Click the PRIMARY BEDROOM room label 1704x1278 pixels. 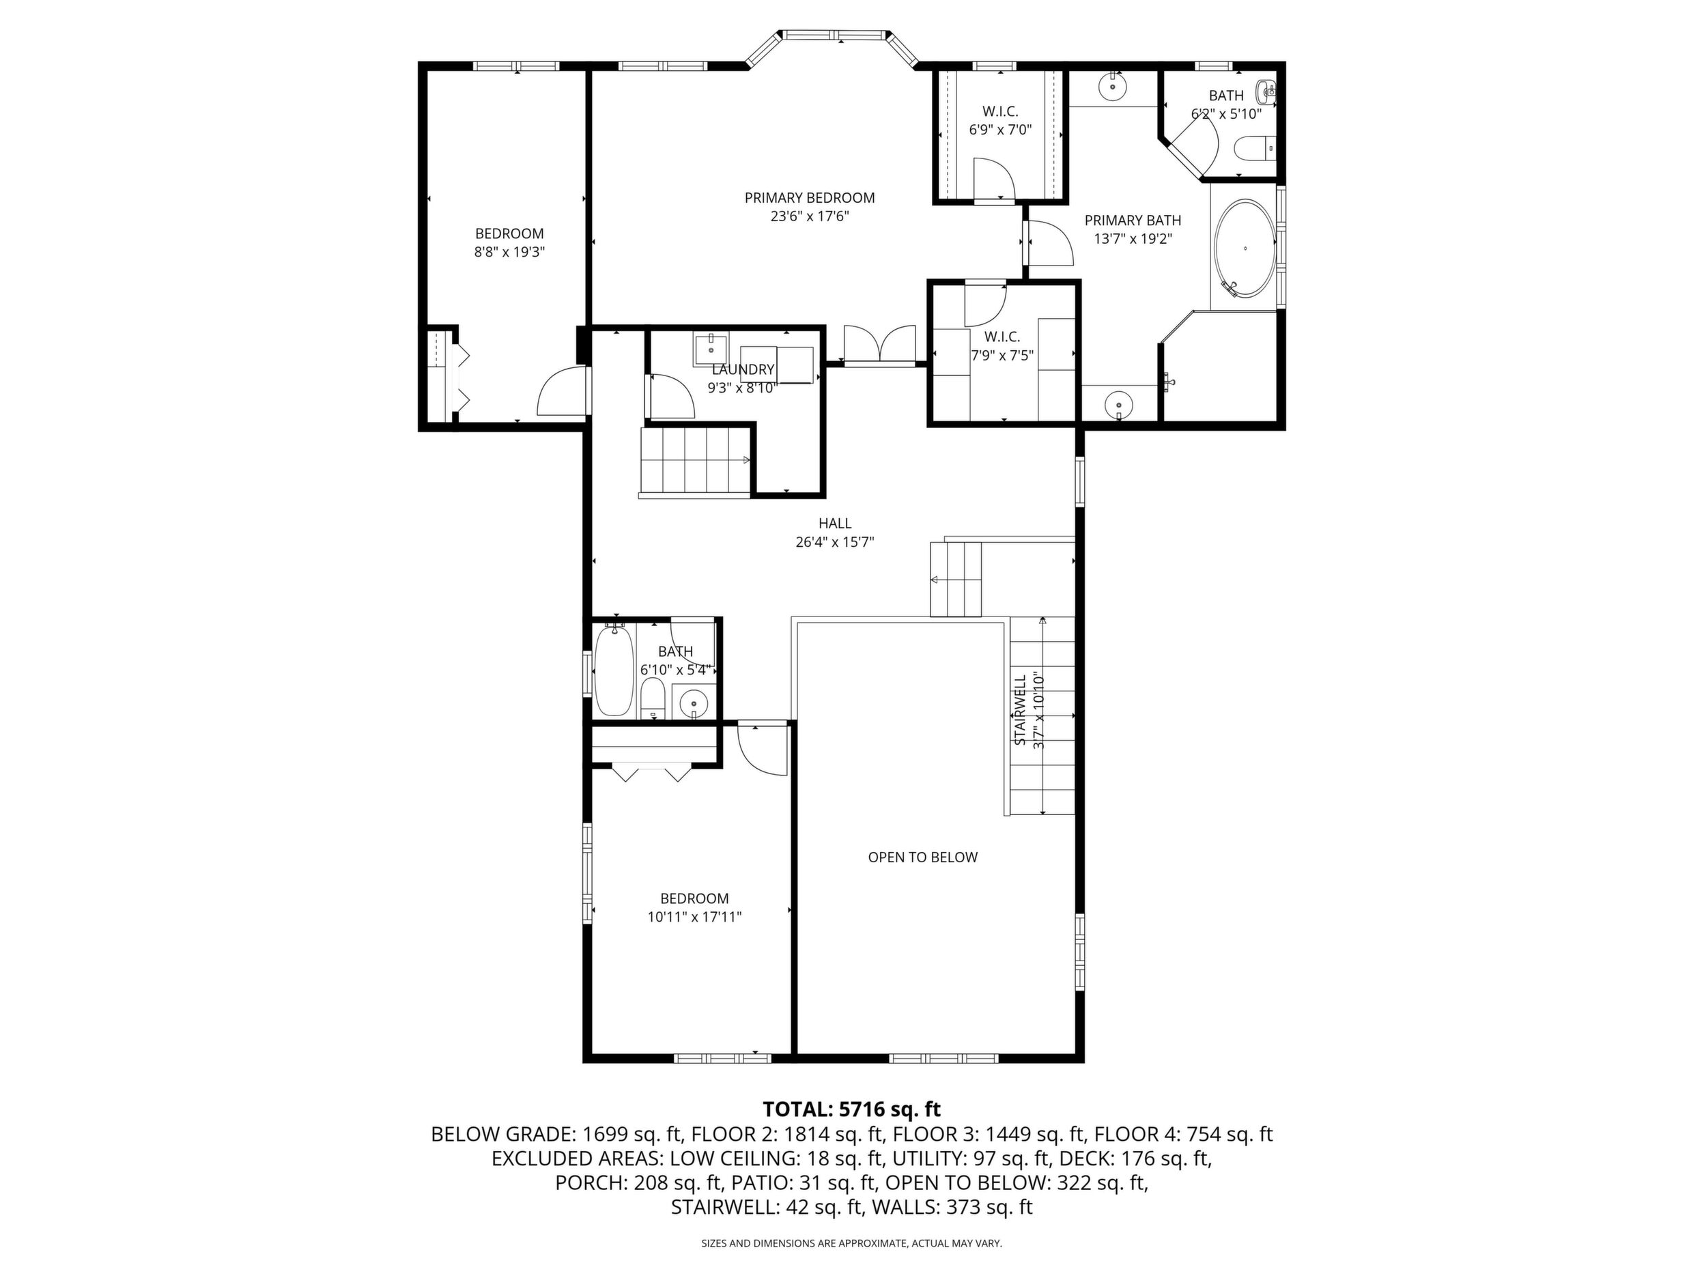coord(810,198)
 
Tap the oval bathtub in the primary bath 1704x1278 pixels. coord(1245,248)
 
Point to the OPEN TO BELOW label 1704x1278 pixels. coord(923,857)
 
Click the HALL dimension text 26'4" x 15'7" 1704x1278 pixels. coord(835,541)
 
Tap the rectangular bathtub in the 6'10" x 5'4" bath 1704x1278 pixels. coord(614,671)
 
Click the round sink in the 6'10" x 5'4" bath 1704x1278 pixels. coord(694,703)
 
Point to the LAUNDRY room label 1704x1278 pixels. coord(743,370)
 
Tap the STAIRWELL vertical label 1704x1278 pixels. coord(1019,710)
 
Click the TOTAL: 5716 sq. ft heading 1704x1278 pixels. coord(852,1109)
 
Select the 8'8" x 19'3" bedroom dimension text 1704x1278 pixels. coord(509,251)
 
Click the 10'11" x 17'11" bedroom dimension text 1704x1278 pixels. coord(695,917)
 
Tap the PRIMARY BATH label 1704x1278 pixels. coord(1133,221)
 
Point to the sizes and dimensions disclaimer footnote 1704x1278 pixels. coord(851,1243)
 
